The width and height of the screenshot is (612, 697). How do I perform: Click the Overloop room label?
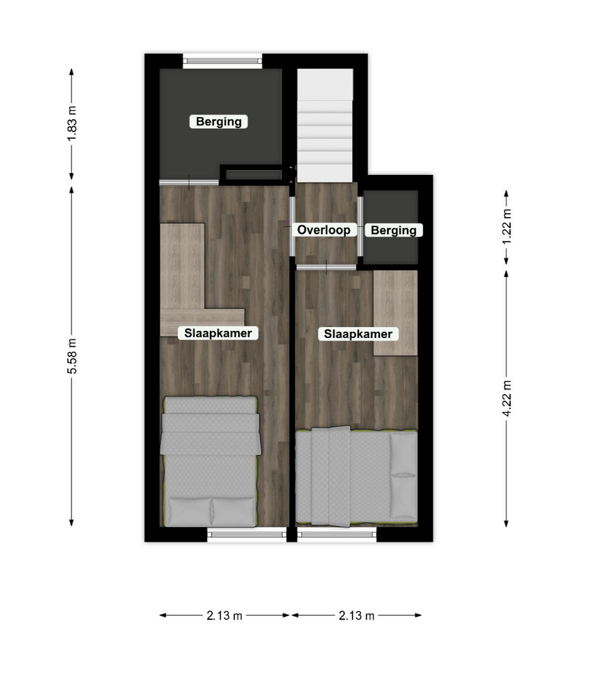(323, 229)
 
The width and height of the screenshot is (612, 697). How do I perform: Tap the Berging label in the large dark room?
(219, 121)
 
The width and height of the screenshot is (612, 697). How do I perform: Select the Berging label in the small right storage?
(393, 230)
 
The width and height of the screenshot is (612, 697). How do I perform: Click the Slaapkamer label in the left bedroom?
(218, 333)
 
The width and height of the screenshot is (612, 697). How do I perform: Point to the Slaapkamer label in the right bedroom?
(358, 334)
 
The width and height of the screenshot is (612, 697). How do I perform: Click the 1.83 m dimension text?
(72, 123)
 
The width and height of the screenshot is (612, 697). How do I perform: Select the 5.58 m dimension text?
(72, 356)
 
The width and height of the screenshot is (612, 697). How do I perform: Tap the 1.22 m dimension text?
(507, 226)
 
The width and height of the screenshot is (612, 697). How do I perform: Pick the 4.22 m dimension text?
(507, 398)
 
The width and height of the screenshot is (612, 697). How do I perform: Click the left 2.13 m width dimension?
(225, 616)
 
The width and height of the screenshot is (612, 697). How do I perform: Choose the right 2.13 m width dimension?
(357, 616)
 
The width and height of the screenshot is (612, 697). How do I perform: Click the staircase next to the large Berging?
(325, 125)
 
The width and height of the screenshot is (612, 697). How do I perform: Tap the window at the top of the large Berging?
(222, 61)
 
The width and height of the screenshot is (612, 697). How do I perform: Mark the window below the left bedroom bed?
(247, 535)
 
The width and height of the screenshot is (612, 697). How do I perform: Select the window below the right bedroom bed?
(337, 535)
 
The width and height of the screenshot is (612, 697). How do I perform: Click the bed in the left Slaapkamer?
(210, 461)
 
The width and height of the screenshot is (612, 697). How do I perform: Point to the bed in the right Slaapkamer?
(357, 476)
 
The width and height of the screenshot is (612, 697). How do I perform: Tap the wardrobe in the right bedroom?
(395, 313)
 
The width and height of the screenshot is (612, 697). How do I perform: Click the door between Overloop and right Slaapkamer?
(326, 267)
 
